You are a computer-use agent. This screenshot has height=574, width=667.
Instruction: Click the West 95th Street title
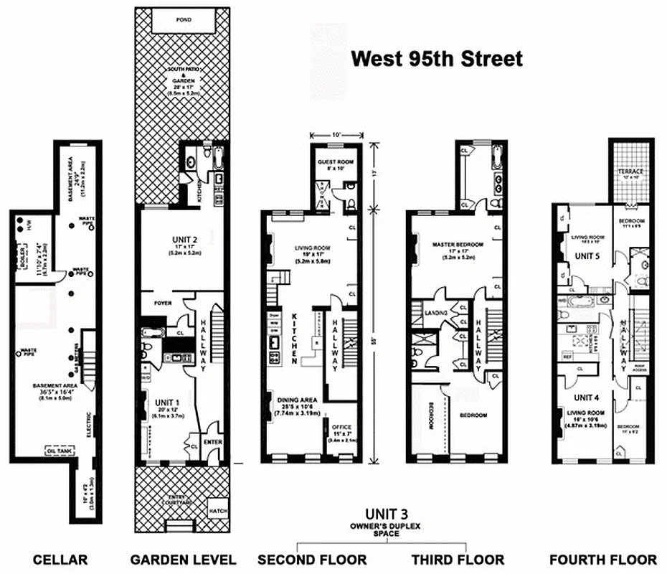tap(437, 60)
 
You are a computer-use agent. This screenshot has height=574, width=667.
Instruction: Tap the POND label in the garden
tap(183, 17)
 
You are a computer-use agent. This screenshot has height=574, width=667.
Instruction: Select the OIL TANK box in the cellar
tap(60, 451)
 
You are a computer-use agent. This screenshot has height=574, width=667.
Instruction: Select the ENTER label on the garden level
tap(212, 443)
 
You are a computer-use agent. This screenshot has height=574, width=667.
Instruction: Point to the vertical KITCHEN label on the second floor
tap(295, 337)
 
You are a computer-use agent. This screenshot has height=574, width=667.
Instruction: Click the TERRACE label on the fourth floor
tap(630, 171)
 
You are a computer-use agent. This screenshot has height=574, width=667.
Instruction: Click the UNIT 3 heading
tap(387, 514)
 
